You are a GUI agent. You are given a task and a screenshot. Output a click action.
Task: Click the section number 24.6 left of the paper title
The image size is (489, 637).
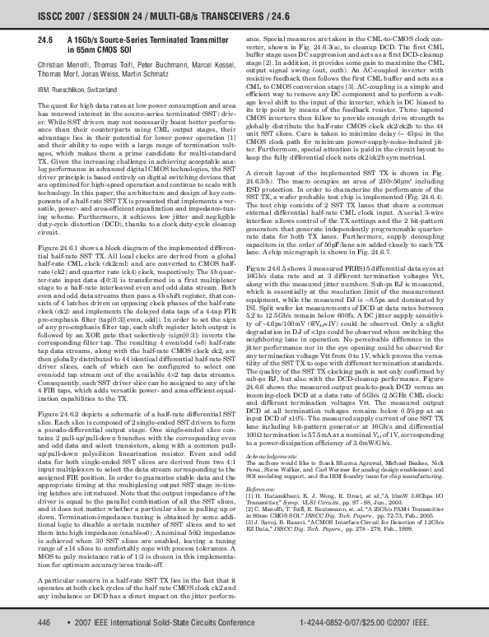(x=46, y=40)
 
